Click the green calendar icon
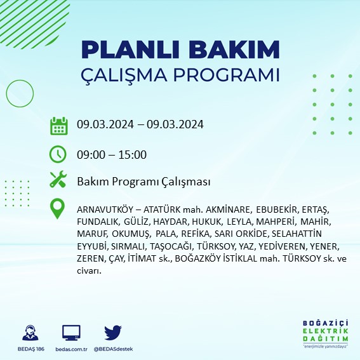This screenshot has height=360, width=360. coord(58,125)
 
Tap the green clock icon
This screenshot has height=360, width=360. coord(58,154)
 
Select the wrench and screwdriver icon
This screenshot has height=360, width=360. coord(58,180)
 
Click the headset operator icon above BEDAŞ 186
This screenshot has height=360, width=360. coord(29,333)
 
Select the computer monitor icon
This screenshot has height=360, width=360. coord(71,333)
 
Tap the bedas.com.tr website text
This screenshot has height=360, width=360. coord(71,349)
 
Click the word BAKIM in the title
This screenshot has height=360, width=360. coord(232,50)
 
